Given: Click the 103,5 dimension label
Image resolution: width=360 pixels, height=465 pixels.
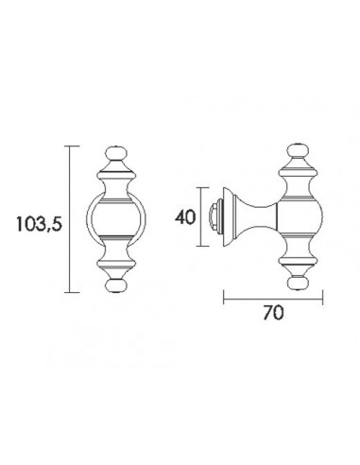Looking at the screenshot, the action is [x=39, y=224].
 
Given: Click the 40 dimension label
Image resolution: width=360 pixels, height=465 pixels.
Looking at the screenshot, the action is [x=185, y=217].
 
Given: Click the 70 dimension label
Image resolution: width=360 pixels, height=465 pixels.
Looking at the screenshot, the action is [x=273, y=313].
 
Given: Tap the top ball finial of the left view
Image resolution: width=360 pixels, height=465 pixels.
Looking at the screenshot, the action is [x=116, y=154].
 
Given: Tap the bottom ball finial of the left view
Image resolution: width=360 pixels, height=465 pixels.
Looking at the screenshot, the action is [x=116, y=285].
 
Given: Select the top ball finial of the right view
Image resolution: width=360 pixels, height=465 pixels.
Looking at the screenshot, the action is [x=298, y=151].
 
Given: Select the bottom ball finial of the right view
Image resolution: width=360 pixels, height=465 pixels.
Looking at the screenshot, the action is [x=298, y=283].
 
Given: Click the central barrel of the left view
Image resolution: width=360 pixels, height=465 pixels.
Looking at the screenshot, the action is [x=116, y=218].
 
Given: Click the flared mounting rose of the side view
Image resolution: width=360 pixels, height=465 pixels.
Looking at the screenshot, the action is [x=230, y=216].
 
